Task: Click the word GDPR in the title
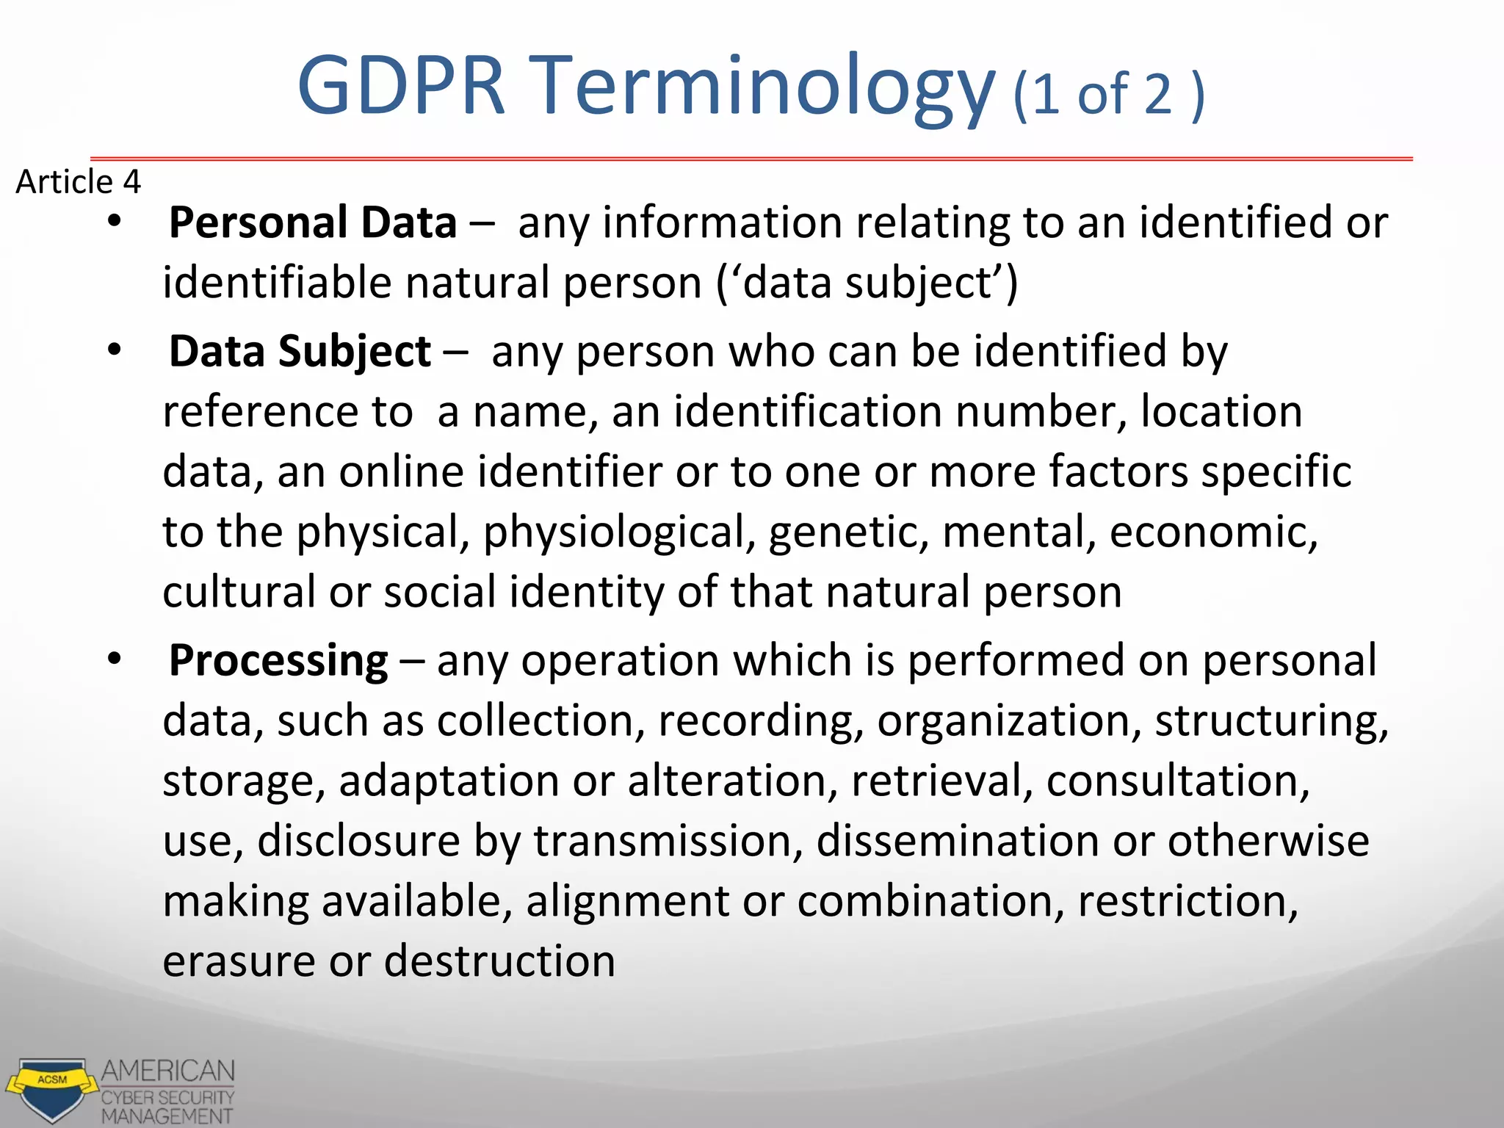coord(401,86)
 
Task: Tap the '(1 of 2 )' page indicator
coord(1108,95)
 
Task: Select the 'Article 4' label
coord(78,181)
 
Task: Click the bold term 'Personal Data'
coord(313,223)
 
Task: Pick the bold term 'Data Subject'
coord(300,351)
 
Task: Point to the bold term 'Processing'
coord(278,660)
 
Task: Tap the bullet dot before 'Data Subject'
coord(114,350)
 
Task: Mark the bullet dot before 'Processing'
coord(114,659)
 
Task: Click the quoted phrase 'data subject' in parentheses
coord(867,283)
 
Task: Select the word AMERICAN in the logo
coord(168,1071)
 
